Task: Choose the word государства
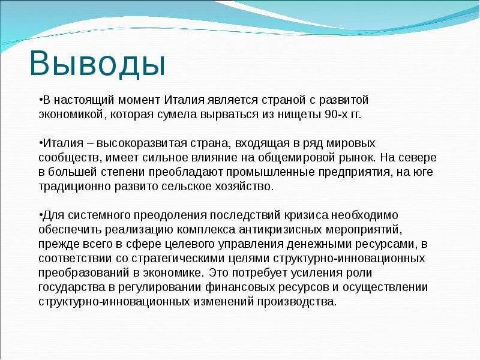pyautogui.click(x=71, y=287)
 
